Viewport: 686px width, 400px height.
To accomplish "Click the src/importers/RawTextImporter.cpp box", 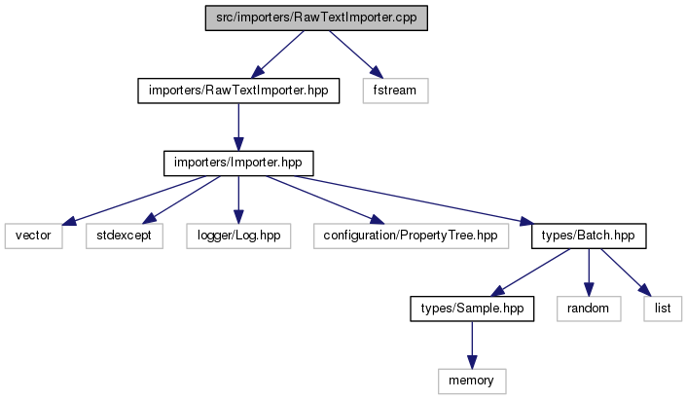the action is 316,18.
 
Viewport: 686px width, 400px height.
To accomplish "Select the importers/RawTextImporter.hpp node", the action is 238,91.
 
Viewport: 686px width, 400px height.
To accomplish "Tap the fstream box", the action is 395,91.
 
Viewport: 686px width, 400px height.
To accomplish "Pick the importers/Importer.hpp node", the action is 238,164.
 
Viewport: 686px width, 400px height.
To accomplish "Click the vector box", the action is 34,236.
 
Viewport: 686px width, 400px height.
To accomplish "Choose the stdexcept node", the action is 125,236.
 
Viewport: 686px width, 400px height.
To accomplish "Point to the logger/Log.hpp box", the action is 238,236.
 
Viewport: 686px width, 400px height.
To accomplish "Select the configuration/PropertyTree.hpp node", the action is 411,236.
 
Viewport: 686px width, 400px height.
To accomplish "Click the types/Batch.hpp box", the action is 589,236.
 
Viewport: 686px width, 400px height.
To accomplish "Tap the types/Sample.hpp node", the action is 472,309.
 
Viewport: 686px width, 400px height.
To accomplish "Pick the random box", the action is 589,309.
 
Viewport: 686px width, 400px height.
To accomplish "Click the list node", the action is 663,309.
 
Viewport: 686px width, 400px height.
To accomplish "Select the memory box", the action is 472,382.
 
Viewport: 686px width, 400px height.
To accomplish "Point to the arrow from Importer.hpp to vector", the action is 133,200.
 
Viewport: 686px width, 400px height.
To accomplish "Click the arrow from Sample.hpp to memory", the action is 472,345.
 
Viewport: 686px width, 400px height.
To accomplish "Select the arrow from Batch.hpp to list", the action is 626,273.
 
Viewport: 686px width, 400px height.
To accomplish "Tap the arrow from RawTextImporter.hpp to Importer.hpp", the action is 238,127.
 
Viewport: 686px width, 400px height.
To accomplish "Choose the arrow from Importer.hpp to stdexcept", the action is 182,200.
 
